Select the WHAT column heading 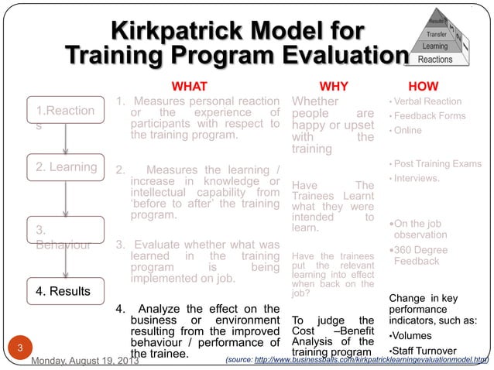[x=189, y=86]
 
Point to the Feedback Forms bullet [x=430, y=116]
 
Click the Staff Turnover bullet [x=430, y=352]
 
